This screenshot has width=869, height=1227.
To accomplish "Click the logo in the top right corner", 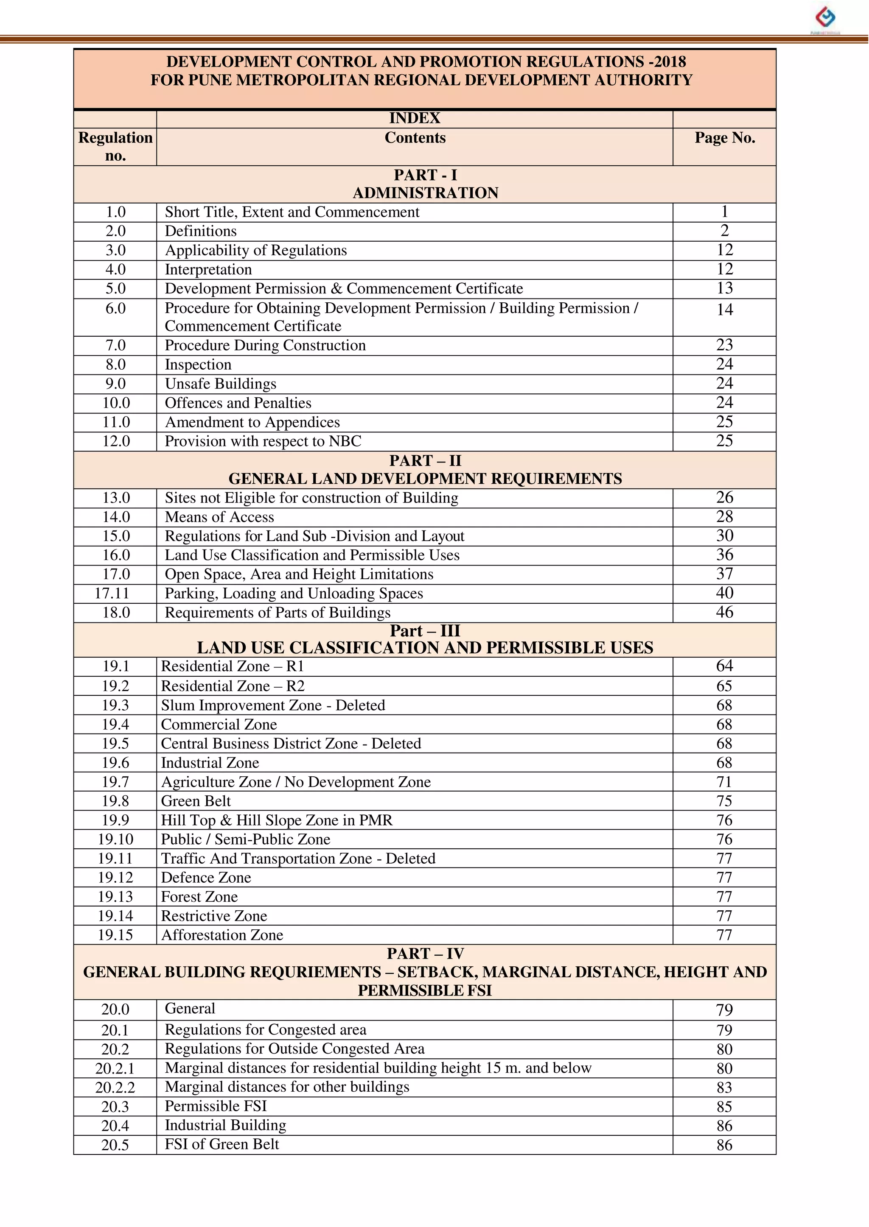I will [x=825, y=18].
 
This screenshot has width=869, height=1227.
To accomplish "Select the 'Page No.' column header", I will [x=725, y=138].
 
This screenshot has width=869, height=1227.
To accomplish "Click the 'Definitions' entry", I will [x=201, y=231].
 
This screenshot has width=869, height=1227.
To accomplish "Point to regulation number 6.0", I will [x=115, y=309].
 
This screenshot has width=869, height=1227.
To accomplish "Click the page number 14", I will [x=725, y=310].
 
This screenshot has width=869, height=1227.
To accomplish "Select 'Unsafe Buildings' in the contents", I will [x=221, y=384].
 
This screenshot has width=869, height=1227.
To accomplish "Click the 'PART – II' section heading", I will [x=425, y=460].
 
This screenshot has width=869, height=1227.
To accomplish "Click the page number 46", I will [x=725, y=613].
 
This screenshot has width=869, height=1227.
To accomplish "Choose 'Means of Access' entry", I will [x=219, y=517].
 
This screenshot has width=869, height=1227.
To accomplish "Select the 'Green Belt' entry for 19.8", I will [x=196, y=801].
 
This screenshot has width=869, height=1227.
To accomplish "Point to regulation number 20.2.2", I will [x=115, y=1088].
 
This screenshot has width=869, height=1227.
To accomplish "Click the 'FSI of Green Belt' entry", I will [x=221, y=1145].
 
